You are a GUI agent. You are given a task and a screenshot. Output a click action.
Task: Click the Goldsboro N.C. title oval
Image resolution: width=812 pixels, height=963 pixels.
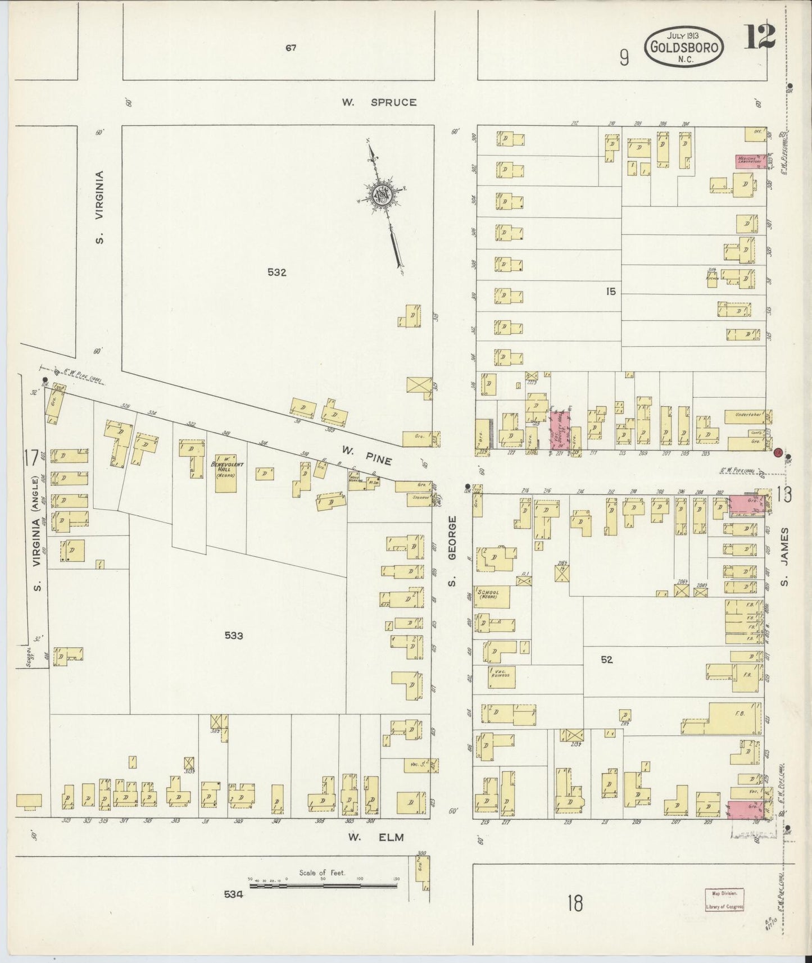click(683, 47)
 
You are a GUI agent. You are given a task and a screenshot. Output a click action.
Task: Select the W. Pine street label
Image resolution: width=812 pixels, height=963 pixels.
click(366, 455)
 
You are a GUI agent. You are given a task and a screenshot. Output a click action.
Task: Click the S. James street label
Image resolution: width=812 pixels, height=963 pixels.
click(785, 556)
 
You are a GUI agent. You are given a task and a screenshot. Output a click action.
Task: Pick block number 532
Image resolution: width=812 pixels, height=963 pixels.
click(277, 273)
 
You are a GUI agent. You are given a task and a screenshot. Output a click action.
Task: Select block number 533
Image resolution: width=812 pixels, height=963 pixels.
click(234, 636)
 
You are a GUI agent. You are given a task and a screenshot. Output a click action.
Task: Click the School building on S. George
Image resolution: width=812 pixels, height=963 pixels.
click(493, 597)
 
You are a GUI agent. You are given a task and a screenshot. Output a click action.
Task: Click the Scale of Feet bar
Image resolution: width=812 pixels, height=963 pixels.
click(323, 885)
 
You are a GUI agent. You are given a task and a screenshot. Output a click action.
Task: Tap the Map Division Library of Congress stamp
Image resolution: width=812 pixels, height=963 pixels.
click(725, 899)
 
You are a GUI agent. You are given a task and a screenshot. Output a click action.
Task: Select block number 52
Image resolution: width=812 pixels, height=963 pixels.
click(606, 660)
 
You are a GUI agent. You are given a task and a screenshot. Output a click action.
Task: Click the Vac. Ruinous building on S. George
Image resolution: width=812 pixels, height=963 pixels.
click(501, 676)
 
